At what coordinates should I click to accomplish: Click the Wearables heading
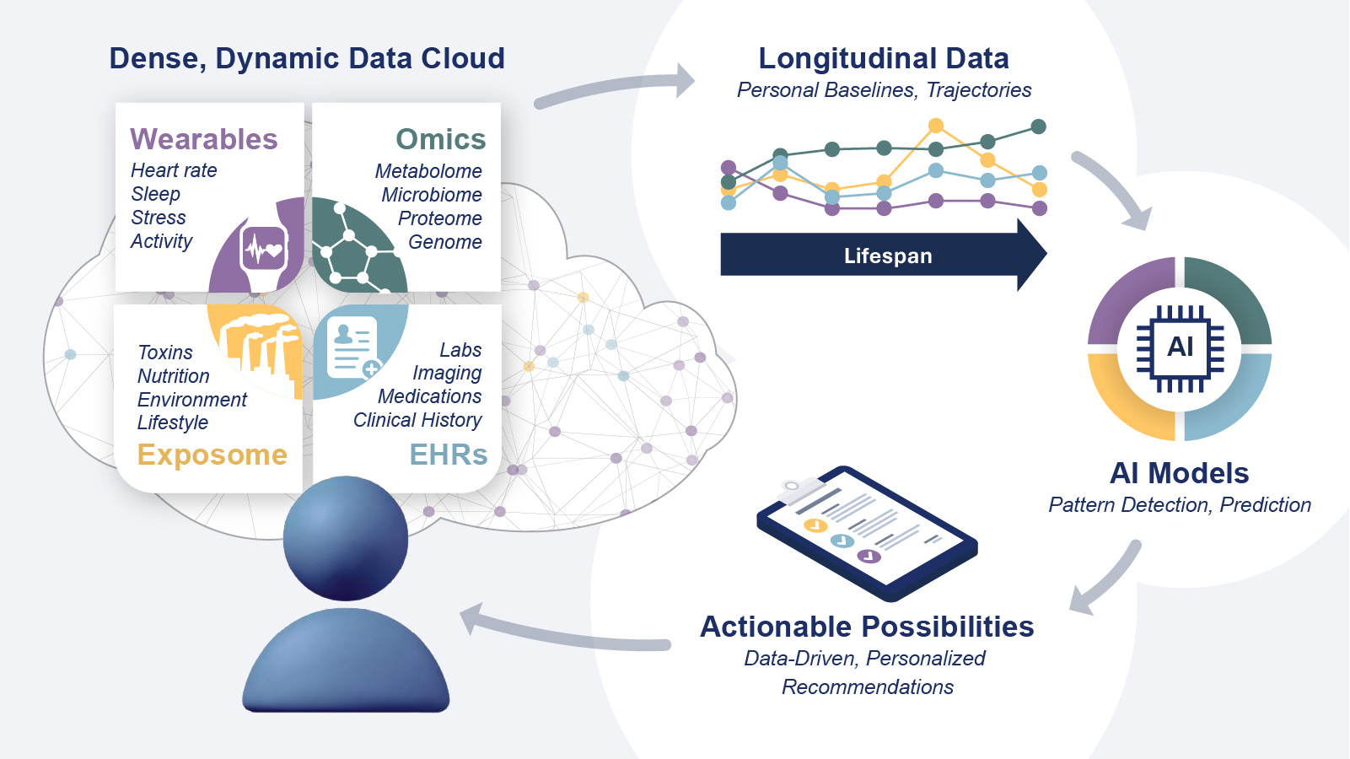click(x=203, y=139)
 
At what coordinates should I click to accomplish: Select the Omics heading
click(x=440, y=139)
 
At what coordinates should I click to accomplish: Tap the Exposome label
click(x=212, y=455)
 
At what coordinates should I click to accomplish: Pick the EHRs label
click(x=448, y=455)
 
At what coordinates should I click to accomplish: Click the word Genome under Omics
click(x=444, y=242)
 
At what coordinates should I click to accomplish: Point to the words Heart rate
click(x=174, y=170)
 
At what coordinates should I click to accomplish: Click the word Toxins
click(x=165, y=353)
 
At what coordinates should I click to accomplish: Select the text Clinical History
click(x=417, y=420)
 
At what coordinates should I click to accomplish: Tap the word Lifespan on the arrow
click(x=888, y=256)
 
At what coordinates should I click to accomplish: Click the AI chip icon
click(x=1180, y=348)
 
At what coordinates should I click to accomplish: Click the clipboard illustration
click(x=867, y=531)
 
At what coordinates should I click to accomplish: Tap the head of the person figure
click(x=346, y=539)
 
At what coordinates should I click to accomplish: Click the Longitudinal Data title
click(x=884, y=58)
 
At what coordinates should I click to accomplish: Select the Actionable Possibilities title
click(x=867, y=627)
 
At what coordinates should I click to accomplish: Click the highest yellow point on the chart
click(x=935, y=126)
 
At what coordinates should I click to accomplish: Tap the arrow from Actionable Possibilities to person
click(x=565, y=632)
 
